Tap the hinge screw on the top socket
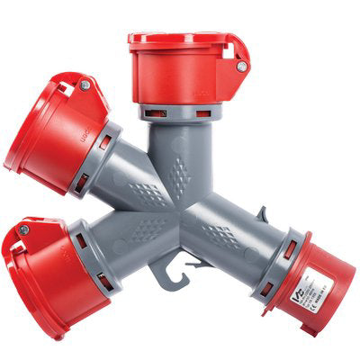[x=241, y=66]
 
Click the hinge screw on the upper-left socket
[x=85, y=85]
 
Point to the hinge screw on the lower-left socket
[x=24, y=230]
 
